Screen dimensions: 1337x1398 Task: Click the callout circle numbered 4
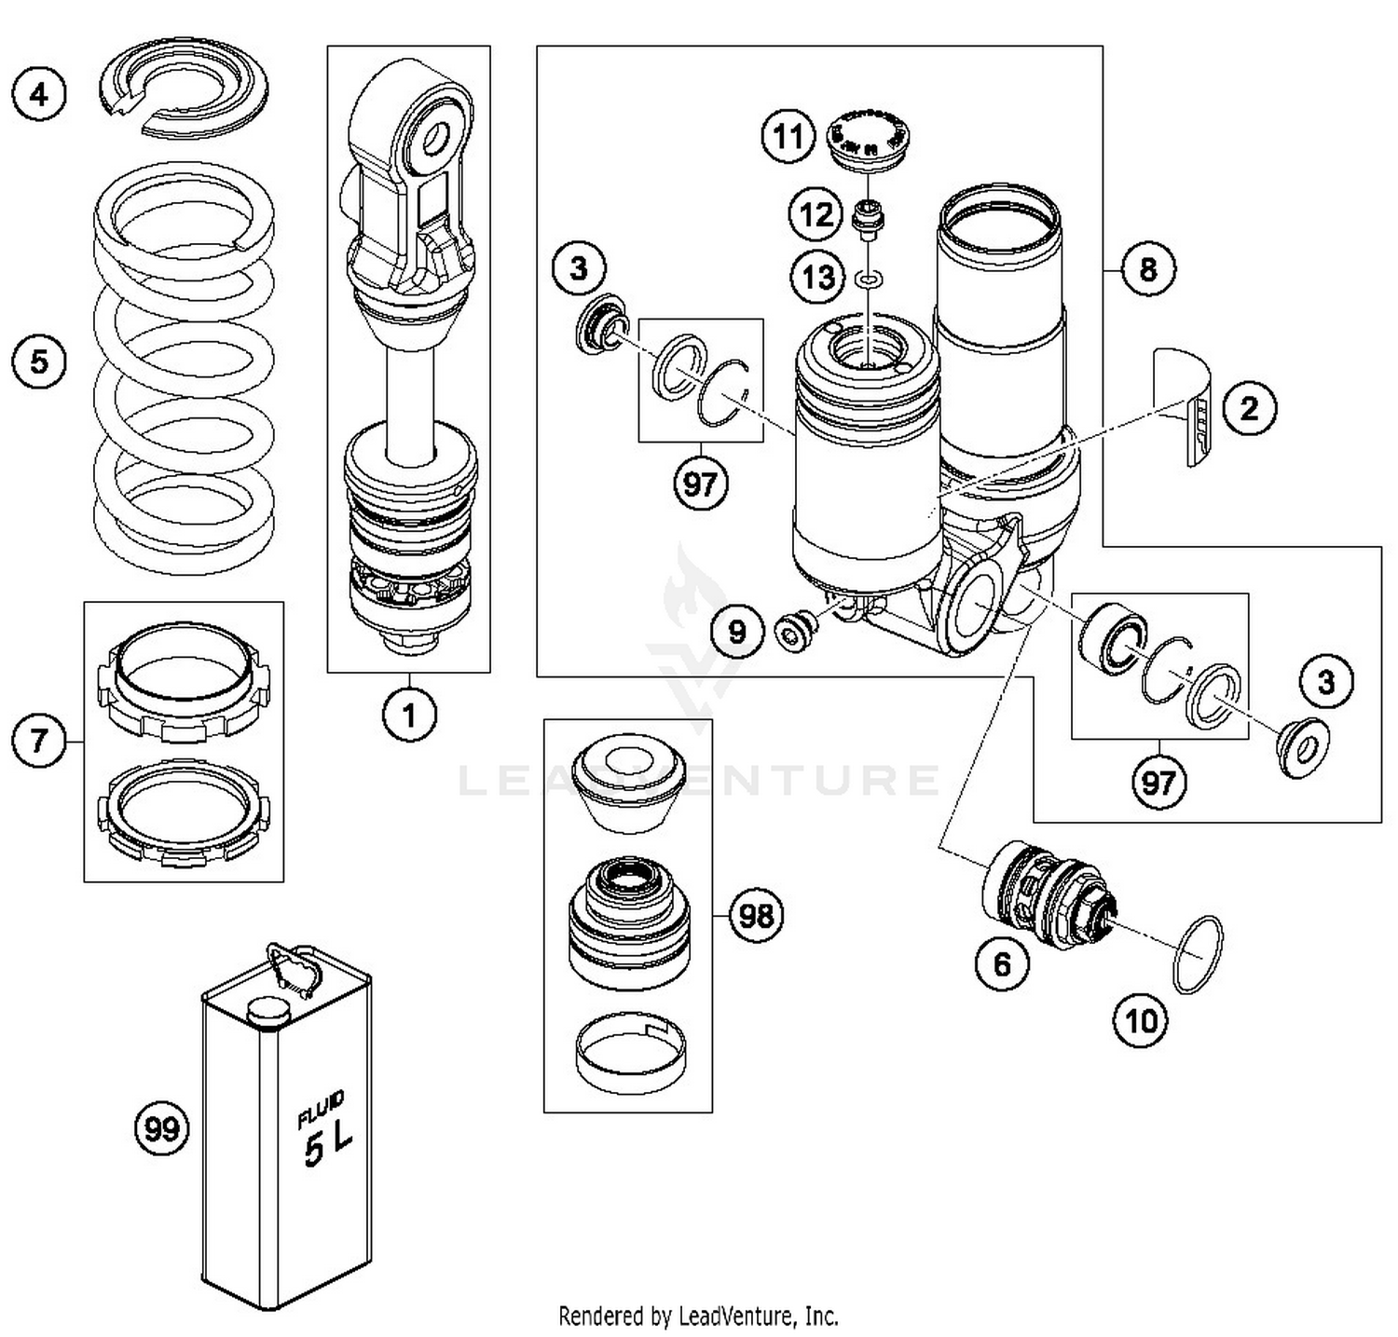(39, 94)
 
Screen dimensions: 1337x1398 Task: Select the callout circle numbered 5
(39, 361)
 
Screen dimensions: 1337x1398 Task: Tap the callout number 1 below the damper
(408, 716)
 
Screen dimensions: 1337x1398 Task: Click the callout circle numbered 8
(1147, 269)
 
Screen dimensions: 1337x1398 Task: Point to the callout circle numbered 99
(161, 1129)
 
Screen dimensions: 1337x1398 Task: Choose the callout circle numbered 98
(755, 915)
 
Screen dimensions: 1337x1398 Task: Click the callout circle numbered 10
(1141, 1021)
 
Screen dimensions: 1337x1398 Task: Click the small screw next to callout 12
(869, 220)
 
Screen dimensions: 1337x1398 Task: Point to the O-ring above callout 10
(1199, 954)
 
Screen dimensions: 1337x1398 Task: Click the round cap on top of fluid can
(267, 1010)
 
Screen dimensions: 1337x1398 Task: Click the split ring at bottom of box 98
(630, 1052)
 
